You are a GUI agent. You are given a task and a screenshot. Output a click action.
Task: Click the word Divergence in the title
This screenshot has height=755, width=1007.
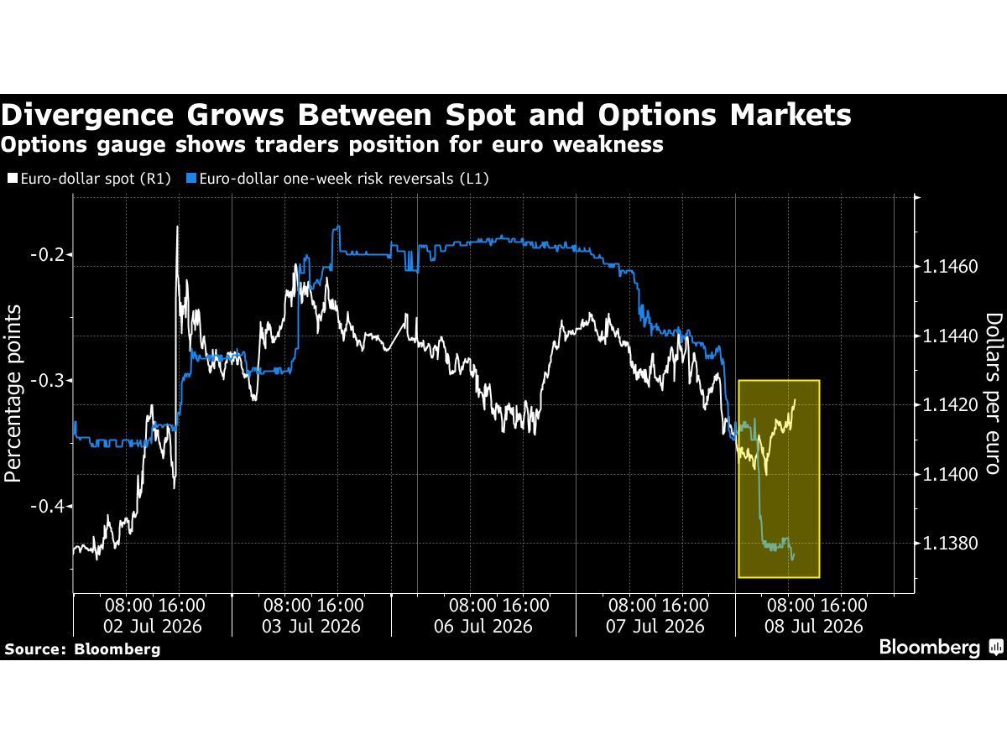[x=87, y=115]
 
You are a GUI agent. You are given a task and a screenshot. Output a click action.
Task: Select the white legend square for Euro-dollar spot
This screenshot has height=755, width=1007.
[x=13, y=178]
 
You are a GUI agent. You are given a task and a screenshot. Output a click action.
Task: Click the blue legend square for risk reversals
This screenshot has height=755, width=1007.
[x=191, y=178]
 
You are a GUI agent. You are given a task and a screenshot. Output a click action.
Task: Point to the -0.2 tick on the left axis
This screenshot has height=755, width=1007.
[x=48, y=254]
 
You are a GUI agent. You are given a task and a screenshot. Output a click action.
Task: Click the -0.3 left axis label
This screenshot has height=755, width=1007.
[x=48, y=380]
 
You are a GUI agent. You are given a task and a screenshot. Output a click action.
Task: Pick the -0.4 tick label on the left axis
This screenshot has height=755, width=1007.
[x=48, y=506]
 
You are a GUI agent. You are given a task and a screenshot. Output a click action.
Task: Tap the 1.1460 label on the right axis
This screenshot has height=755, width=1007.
[x=950, y=266]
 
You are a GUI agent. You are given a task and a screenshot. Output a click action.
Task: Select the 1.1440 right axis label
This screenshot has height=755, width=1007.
[x=950, y=336]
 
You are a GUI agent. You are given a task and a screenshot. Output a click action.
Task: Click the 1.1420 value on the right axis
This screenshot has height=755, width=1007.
[x=950, y=405]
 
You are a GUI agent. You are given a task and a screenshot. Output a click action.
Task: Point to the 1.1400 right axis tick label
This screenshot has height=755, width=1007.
[x=950, y=474]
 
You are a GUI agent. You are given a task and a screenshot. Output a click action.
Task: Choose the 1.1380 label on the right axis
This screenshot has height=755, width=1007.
[x=950, y=544]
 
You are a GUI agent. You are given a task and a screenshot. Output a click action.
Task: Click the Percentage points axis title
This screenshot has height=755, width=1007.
[x=13, y=393]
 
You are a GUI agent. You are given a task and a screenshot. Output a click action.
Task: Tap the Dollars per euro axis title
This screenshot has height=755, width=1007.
[x=994, y=393]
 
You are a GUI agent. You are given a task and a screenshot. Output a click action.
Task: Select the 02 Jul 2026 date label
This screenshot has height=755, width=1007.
[x=153, y=626]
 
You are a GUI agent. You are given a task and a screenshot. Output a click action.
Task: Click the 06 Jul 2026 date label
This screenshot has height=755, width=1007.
[x=483, y=626]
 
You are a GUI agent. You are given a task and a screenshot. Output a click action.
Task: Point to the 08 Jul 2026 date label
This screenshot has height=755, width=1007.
[x=814, y=626]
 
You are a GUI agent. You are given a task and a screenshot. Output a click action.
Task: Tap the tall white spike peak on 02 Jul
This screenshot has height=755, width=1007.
[x=178, y=226]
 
